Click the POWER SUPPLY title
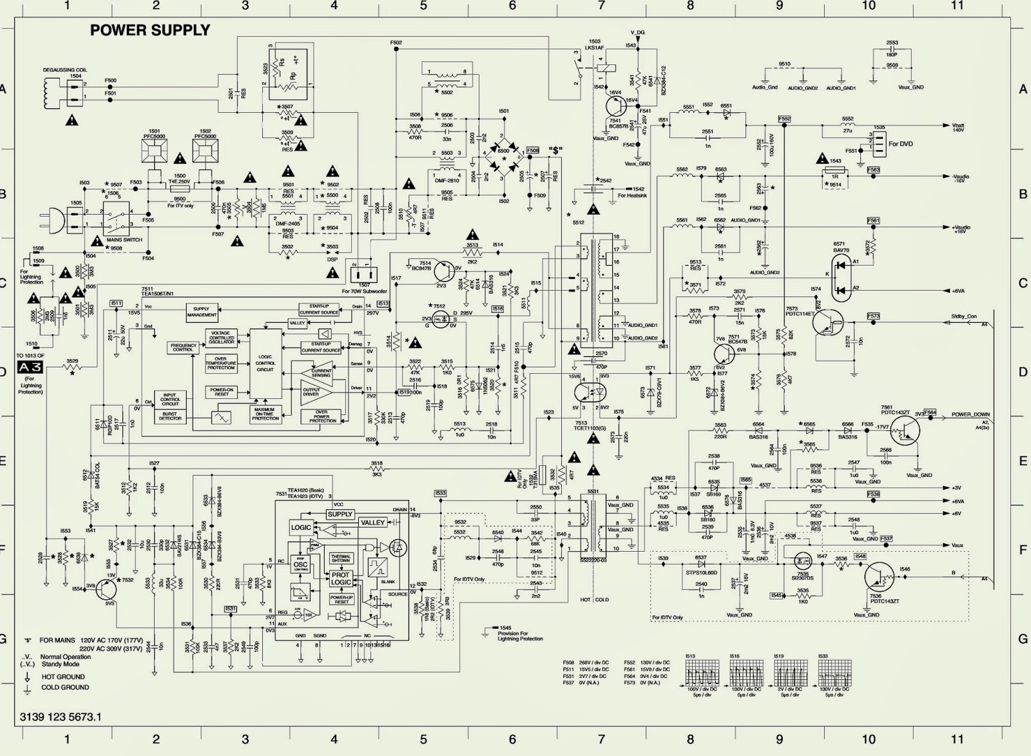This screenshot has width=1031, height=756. (149, 30)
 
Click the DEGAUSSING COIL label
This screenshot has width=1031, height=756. (65, 69)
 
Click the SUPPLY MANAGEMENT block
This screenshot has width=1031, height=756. (202, 312)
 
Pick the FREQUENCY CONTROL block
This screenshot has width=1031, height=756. (183, 347)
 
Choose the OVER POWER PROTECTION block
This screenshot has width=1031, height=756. (321, 416)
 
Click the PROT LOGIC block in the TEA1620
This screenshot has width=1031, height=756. (341, 578)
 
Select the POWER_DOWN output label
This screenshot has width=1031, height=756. (970, 414)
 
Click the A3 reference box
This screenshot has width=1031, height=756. (30, 367)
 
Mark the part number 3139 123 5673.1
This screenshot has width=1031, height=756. (61, 717)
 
